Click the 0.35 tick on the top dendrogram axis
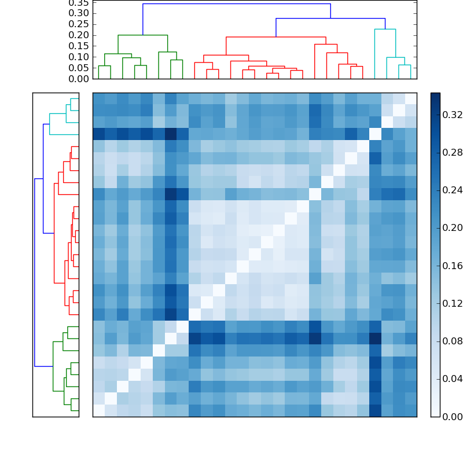tap(79, 3)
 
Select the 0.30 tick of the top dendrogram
tap(79, 13)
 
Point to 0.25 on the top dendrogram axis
tap(79, 24)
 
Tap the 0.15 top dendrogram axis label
tap(79, 46)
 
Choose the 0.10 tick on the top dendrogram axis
tap(79, 57)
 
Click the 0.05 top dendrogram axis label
tap(79, 68)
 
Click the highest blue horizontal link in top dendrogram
tap(236, 4)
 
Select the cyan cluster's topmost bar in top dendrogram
tap(385, 29)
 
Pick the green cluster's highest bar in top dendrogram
tap(142, 35)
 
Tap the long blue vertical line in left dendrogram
tap(35, 272)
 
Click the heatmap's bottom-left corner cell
tap(98, 410)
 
